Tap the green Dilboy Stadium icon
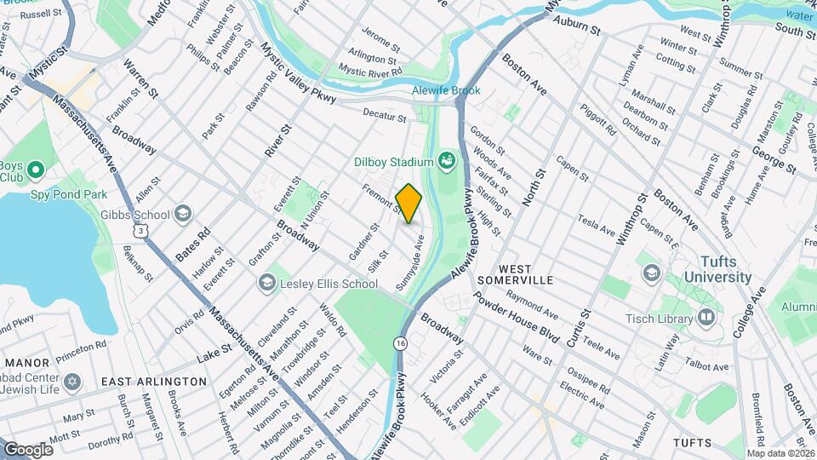click(x=446, y=160)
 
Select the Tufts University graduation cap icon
click(x=653, y=272)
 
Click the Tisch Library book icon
click(x=706, y=318)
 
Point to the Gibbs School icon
click(x=181, y=214)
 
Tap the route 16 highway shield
click(x=399, y=342)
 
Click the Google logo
click(x=28, y=449)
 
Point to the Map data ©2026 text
click(x=780, y=453)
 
